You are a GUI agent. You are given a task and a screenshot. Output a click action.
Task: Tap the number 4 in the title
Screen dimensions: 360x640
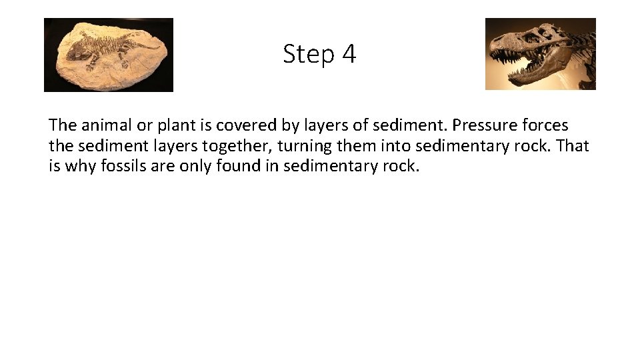(x=349, y=54)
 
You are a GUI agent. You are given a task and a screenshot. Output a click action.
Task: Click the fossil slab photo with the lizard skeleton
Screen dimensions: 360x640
(x=109, y=55)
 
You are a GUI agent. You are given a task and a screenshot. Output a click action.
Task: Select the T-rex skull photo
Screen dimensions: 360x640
(x=540, y=54)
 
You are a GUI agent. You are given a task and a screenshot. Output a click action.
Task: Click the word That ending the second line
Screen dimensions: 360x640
(x=573, y=145)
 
